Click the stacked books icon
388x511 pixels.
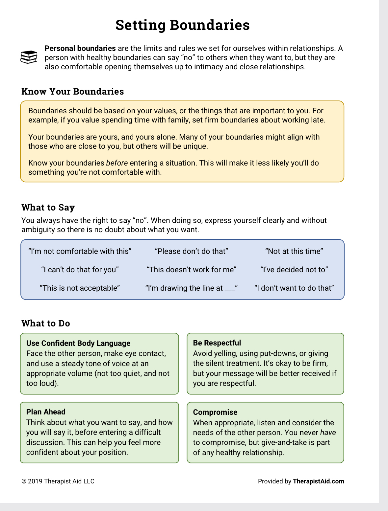(29, 57)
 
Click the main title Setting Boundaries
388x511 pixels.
(183, 25)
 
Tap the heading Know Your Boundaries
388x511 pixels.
(73, 92)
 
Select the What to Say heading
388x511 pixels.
(48, 208)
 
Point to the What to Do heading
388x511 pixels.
(46, 323)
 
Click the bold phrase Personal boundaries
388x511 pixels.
(80, 49)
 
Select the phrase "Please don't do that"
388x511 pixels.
(192, 252)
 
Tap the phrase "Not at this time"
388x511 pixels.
(294, 252)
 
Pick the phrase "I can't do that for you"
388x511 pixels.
(80, 270)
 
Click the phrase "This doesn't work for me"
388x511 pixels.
(192, 270)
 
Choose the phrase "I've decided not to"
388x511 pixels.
(294, 270)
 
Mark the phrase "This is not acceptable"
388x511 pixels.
(80, 288)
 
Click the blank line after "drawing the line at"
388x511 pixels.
(230, 290)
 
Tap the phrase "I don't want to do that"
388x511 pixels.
(294, 288)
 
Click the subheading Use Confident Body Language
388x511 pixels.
(78, 344)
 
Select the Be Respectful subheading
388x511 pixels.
(217, 343)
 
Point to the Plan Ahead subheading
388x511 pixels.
(46, 412)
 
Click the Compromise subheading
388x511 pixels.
(215, 412)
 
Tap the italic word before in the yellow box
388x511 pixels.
(117, 163)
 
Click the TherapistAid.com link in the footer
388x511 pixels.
(318, 481)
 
